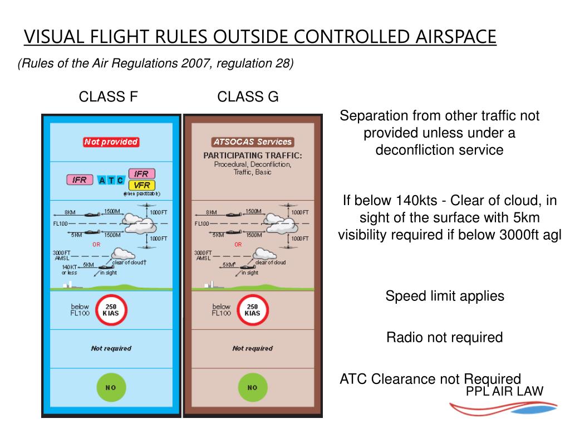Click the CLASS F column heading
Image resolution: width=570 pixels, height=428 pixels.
[108, 97]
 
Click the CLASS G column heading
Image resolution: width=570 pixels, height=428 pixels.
[248, 97]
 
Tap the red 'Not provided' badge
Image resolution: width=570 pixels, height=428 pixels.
[111, 142]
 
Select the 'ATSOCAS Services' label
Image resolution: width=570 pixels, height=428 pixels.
[252, 142]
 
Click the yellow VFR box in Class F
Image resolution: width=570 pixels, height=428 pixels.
[141, 185]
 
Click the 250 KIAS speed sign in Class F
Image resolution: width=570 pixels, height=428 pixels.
[111, 310]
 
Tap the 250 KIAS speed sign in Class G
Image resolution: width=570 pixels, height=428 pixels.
[252, 310]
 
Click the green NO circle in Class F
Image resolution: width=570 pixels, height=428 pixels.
[111, 387]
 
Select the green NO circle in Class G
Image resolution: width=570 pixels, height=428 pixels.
[252, 387]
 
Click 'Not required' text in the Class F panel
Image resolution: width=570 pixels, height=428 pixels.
[111, 348]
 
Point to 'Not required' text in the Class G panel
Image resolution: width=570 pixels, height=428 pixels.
[252, 348]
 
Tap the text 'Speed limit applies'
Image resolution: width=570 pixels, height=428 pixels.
[445, 296]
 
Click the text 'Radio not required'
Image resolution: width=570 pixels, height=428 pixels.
[444, 337]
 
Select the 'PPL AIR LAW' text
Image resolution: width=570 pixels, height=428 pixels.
[504, 391]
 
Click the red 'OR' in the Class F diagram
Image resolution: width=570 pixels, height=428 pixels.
[96, 244]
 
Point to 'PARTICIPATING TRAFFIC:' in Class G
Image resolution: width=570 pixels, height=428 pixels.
[252, 155]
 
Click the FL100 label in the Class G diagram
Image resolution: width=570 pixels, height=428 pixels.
[202, 224]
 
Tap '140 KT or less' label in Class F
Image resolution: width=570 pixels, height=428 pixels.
[70, 270]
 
